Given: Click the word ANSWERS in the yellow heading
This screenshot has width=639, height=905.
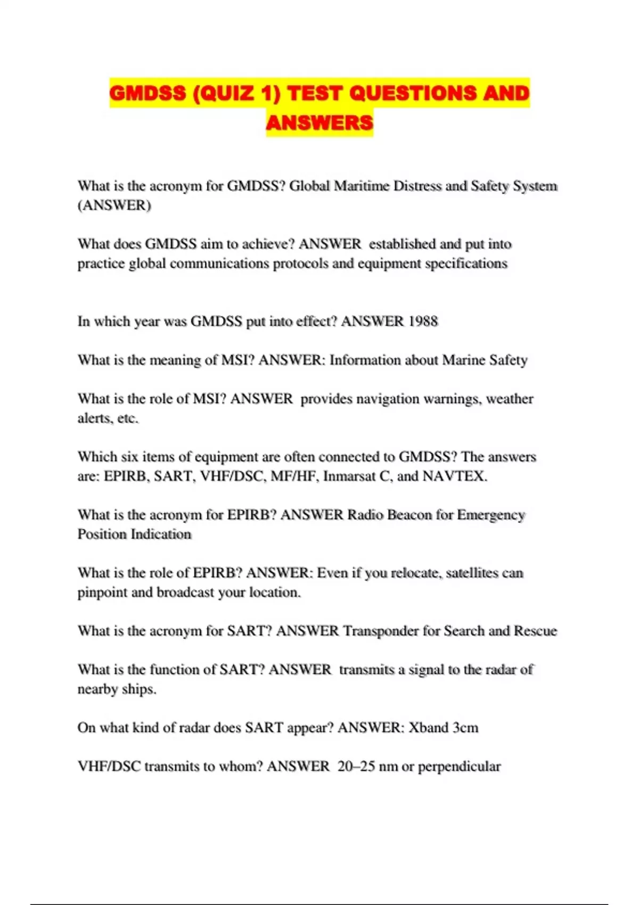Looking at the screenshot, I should (x=319, y=123).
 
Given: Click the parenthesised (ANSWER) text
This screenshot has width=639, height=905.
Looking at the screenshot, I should (x=114, y=205).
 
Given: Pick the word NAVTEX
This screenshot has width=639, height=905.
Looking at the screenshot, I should (x=454, y=476).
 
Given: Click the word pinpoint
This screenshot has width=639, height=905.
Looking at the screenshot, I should (x=102, y=593).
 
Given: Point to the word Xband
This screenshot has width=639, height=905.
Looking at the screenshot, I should (x=429, y=728).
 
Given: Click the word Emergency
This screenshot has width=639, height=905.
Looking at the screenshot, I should (x=491, y=515).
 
